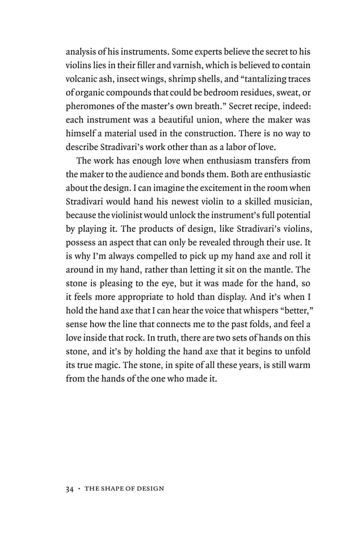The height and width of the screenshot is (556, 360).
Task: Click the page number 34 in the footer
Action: point(71,488)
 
